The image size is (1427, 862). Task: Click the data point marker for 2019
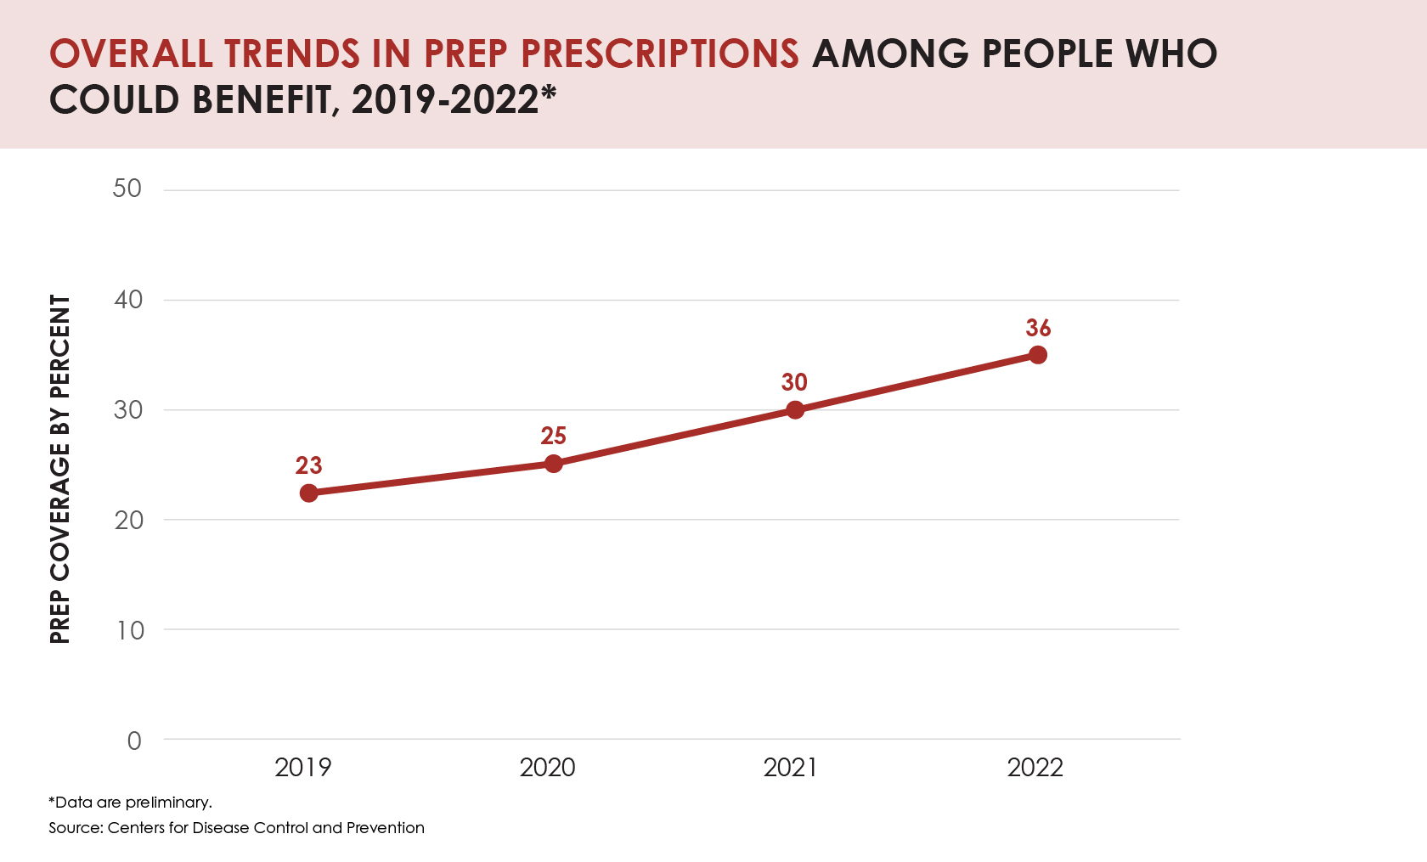[309, 493]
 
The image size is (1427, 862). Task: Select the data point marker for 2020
[553, 464]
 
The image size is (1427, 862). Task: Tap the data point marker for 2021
[795, 410]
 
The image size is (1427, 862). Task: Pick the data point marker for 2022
[1037, 355]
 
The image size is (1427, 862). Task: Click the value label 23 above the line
[309, 465]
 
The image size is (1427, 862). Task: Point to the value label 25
[553, 436]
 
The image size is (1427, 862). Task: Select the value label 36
[1038, 328]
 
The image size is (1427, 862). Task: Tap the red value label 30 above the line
[794, 382]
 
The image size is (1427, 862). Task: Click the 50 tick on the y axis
[127, 189]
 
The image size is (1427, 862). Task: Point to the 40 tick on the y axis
[128, 300]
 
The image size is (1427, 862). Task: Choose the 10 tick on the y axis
[130, 630]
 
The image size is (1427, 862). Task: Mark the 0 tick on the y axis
[134, 741]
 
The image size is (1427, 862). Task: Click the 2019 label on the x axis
[303, 768]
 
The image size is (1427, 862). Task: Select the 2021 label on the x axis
[791, 768]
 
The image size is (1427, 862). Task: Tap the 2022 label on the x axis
[1035, 768]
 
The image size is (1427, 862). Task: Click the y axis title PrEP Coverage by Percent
[59, 469]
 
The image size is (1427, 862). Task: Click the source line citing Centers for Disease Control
[236, 827]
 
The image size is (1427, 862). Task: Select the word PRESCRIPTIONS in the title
[660, 54]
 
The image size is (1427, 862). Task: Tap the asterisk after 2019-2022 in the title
[549, 92]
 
